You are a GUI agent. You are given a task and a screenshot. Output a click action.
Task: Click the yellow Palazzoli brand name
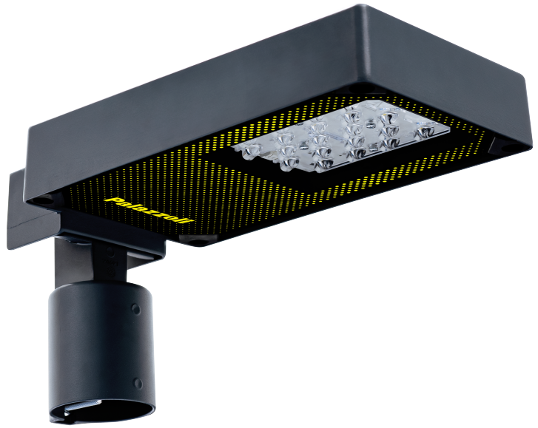[148, 210]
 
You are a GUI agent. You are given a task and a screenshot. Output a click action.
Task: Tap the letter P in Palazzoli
[111, 200]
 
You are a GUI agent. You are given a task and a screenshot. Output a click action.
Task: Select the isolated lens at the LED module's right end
[426, 132]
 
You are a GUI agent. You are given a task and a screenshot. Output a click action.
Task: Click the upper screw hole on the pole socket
[136, 310]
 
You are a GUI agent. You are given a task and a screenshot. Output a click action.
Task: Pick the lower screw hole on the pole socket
[138, 383]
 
